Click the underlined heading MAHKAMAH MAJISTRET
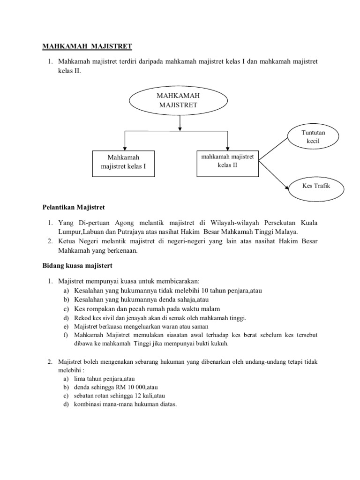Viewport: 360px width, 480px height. (87, 46)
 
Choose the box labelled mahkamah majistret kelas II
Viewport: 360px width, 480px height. (227, 161)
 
